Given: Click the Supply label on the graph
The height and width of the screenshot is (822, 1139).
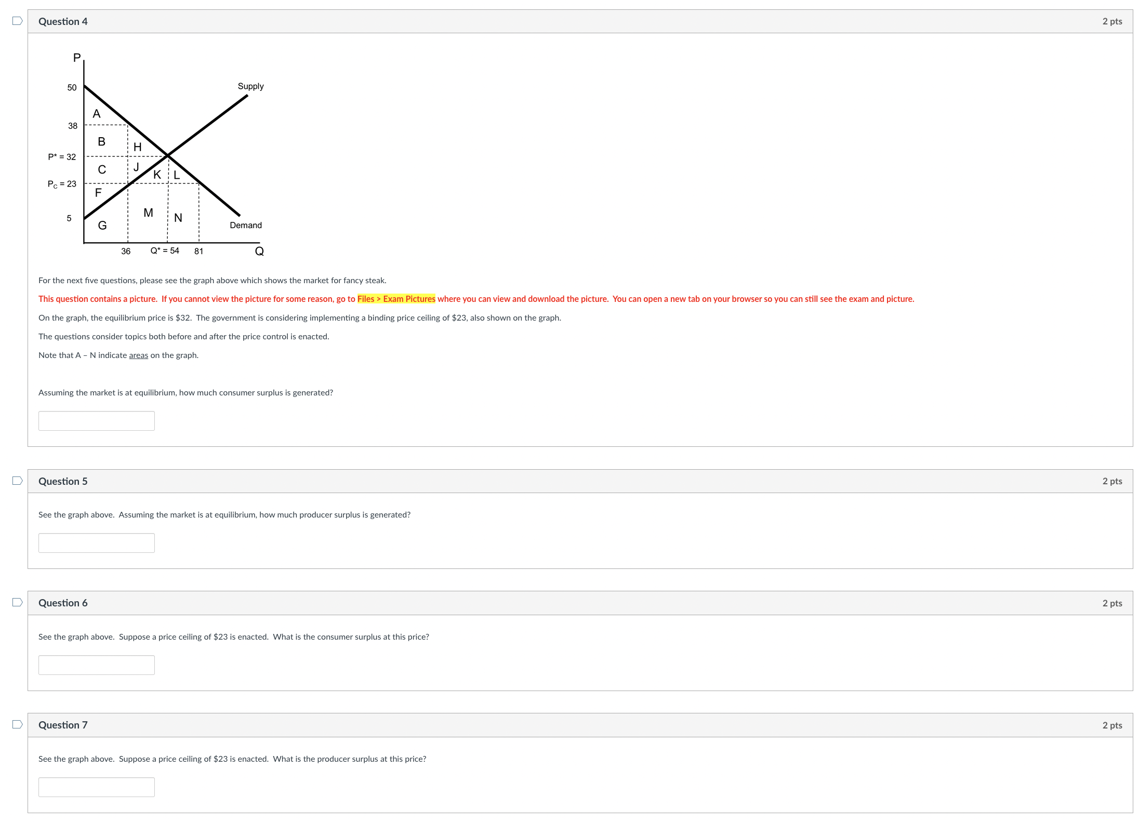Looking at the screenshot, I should coord(250,86).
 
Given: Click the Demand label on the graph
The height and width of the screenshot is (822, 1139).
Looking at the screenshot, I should coord(246,225).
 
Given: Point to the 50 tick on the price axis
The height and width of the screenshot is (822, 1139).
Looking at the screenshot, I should coord(72,87).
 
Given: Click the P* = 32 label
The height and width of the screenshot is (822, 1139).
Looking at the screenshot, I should coord(62,157).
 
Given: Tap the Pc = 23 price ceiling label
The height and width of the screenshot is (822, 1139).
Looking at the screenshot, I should coord(62,184).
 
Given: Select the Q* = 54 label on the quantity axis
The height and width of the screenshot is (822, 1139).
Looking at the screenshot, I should coord(165,251).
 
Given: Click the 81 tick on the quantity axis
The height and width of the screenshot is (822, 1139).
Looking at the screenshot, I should coord(198,251).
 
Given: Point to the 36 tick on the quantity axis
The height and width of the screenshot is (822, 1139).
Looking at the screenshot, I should coord(126,251).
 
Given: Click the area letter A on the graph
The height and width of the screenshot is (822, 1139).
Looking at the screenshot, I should coord(97,114).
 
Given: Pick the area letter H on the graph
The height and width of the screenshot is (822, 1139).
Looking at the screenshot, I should coord(138,147).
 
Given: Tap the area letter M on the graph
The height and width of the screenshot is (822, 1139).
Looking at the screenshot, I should coord(148,213).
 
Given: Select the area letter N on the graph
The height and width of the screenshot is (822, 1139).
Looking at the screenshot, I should coord(178,218).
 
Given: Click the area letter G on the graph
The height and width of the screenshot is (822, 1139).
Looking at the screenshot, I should coord(102,226).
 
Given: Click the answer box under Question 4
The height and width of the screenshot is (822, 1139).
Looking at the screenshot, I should coord(97,421).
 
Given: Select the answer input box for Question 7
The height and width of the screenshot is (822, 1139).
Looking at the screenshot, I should coord(97,787).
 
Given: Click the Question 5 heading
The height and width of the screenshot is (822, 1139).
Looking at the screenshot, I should coord(63,481).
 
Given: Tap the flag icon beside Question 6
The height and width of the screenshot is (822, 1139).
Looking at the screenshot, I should coord(18,602).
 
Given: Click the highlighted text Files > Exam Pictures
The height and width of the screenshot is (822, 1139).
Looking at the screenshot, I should coord(396,299).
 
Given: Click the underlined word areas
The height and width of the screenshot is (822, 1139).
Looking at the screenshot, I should coord(138,355).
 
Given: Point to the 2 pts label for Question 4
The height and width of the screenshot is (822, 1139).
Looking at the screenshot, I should coord(1112,21).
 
